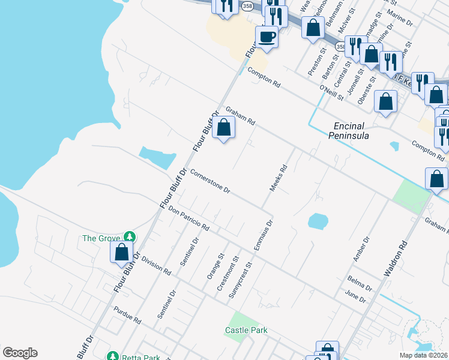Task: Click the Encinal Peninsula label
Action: coord(351,131)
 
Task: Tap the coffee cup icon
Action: coord(267,37)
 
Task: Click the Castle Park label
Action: coord(246,330)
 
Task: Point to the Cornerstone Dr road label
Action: coord(210,182)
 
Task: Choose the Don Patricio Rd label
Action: coord(188,220)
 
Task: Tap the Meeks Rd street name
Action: coord(279,179)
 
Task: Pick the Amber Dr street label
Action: coord(360,248)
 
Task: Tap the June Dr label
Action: coord(356,296)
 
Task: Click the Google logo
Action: coord(20,353)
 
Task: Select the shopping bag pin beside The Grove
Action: coord(122,252)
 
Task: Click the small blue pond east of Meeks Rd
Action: coord(318,221)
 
